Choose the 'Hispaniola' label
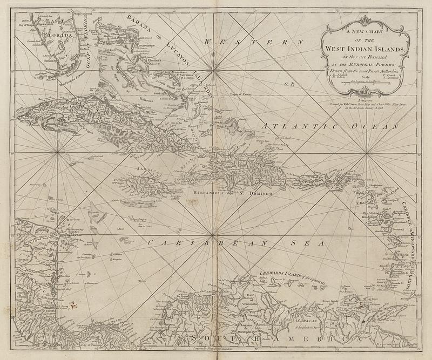[206, 192]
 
